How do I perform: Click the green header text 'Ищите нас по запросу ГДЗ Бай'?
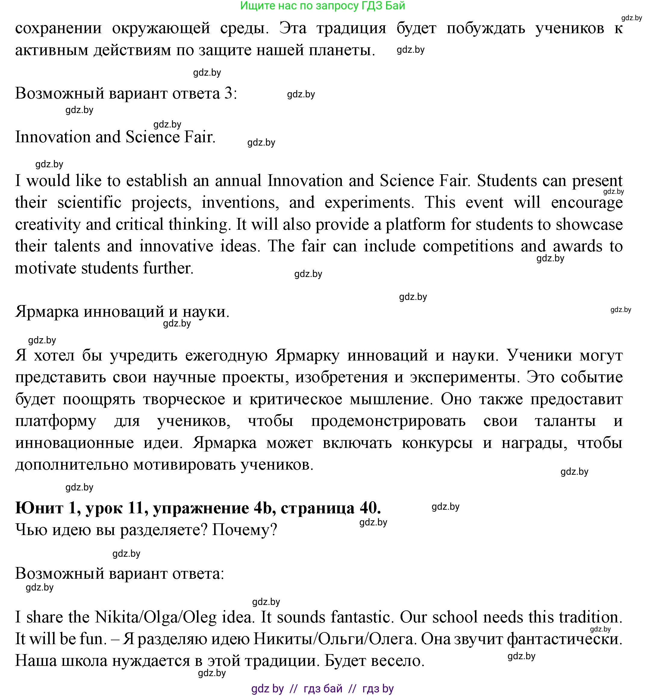tap(322, 6)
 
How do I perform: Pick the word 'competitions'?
tap(468, 246)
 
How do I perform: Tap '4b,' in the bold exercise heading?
tap(265, 508)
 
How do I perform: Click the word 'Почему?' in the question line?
tap(244, 530)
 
